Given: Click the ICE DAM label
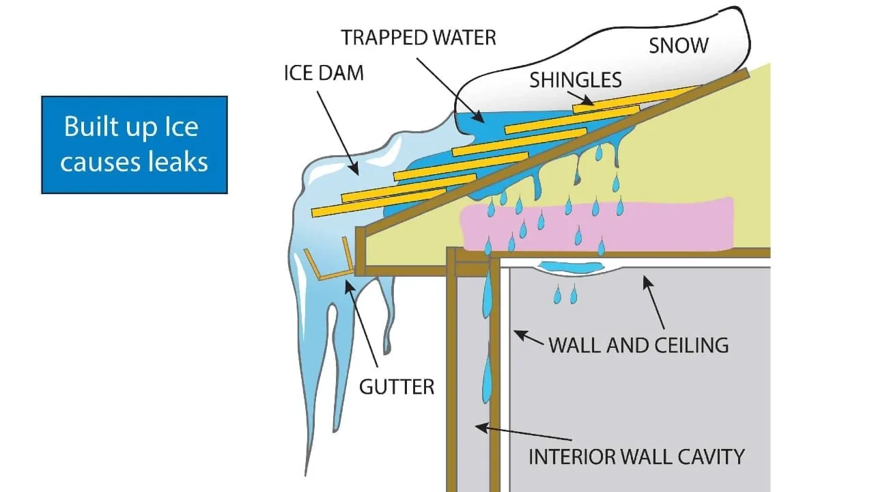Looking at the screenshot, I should point(324,72).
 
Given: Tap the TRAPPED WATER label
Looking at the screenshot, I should point(419,37).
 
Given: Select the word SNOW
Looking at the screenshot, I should point(679,46).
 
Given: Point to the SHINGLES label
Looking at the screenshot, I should point(576,80).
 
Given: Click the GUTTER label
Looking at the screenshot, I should point(396,387).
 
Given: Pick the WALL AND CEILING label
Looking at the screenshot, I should point(638,344).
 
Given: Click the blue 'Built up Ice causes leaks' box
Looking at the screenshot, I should point(134,144).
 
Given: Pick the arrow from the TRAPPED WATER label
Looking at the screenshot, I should point(451,89).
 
